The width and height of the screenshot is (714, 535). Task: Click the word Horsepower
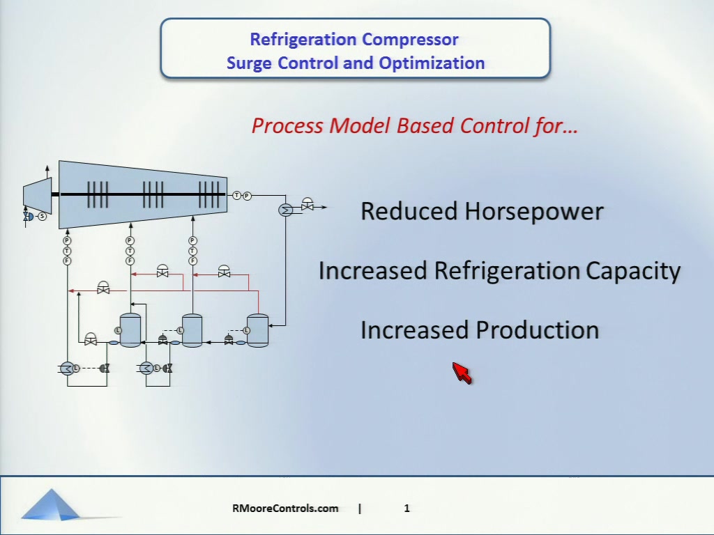tap(533, 212)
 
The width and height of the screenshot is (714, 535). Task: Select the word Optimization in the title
tap(432, 63)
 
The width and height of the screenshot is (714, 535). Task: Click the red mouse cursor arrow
tap(462, 373)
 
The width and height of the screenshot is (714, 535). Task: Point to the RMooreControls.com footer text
tap(285, 508)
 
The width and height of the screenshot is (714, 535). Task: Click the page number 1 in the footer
tap(407, 508)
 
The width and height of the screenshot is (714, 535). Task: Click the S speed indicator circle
tap(43, 217)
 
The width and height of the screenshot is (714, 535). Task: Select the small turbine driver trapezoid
tap(38, 196)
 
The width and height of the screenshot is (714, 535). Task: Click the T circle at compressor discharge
tap(237, 196)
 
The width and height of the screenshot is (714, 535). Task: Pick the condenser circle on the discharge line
tap(285, 210)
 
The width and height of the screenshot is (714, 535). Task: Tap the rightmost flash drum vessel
tap(258, 330)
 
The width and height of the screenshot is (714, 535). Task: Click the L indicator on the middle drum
tap(180, 330)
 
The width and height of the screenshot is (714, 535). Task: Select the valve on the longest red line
tap(103, 288)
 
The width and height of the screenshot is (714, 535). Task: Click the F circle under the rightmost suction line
tap(192, 261)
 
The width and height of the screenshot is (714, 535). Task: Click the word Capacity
tap(633, 272)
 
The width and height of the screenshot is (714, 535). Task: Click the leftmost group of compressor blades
tap(98, 195)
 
